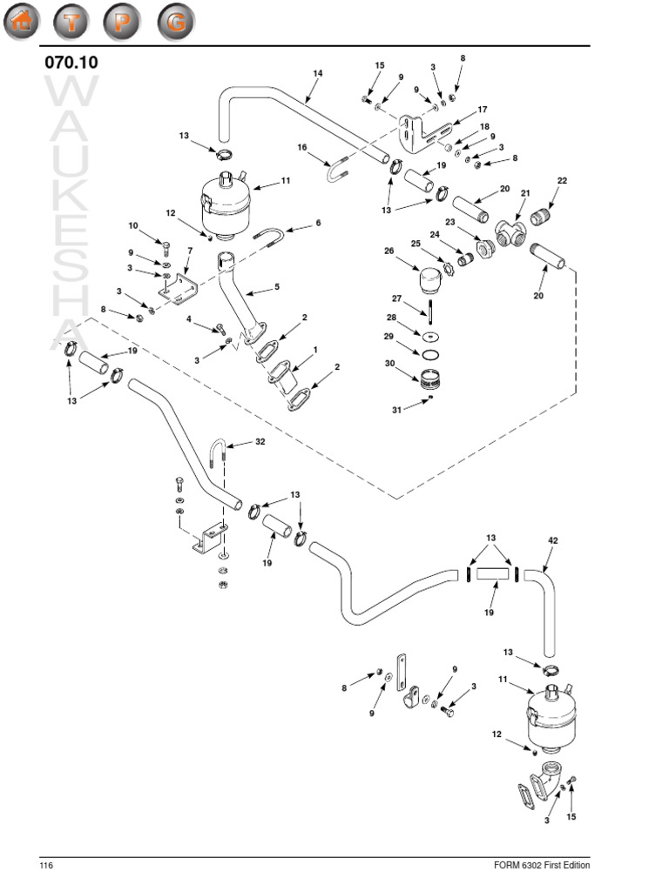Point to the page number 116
45,866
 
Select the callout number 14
317,74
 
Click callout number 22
562,180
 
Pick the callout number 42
552,540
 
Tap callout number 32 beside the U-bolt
260,442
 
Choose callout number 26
389,251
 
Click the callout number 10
133,225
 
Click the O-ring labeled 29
430,354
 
